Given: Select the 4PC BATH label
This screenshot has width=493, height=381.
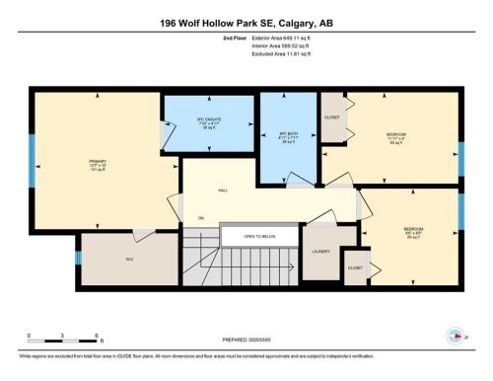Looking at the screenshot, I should point(288,137).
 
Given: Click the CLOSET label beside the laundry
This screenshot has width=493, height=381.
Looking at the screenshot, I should point(354,267).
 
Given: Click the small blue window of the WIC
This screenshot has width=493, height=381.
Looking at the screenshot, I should point(78,259).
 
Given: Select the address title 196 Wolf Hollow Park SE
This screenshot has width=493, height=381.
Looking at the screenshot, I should point(246,21).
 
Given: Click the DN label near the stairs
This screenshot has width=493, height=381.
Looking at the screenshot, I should point(201,217).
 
